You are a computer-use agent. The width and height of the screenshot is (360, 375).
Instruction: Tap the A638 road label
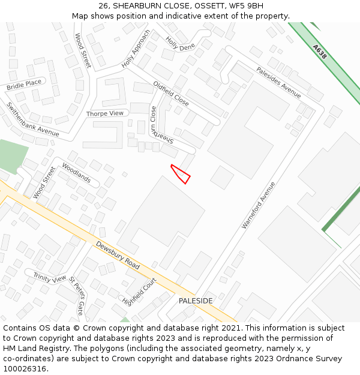coord(320,50)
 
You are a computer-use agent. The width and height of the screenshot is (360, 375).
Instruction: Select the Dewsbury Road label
coord(118,255)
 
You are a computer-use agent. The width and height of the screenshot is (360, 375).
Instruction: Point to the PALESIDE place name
coord(196,300)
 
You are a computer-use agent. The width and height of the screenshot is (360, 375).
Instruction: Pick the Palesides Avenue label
coord(278,82)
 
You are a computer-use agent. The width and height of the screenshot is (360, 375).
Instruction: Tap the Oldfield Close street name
coord(171,94)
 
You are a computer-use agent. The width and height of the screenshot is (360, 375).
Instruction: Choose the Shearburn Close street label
coord(161,127)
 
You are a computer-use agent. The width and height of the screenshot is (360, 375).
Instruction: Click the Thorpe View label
coord(104,113)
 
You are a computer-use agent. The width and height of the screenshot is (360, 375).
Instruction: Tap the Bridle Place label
coord(24,85)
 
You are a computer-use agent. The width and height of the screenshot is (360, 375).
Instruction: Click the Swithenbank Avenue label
coord(32,119)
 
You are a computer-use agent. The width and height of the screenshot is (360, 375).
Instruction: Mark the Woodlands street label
coord(76,173)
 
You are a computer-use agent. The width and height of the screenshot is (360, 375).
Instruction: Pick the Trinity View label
coord(50,278)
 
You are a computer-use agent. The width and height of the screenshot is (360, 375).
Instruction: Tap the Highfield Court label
coord(139,290)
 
